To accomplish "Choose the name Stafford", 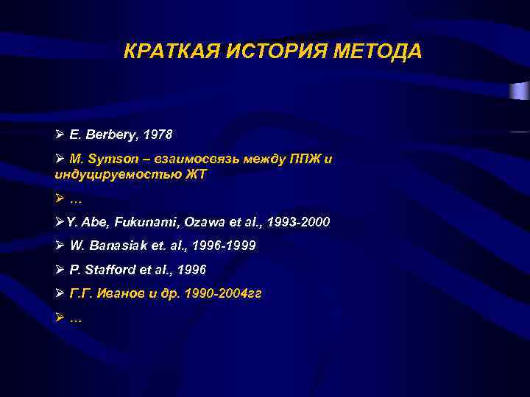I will point(107,270).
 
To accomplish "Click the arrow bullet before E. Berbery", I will point(60,135).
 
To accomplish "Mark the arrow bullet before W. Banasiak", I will point(60,246).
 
